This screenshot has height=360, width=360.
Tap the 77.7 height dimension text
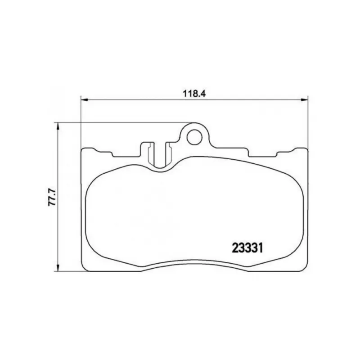click(x=52, y=197)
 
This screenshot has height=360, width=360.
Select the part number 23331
click(x=247, y=248)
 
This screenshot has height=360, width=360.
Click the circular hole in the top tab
click(x=195, y=138)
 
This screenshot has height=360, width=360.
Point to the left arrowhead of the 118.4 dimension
click(x=85, y=99)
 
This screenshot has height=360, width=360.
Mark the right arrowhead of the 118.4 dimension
click(x=305, y=99)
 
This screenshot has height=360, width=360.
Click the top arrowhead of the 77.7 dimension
click(x=58, y=126)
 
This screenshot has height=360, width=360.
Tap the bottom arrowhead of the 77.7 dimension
click(x=58, y=268)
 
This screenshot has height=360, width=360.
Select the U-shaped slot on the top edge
click(x=160, y=156)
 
